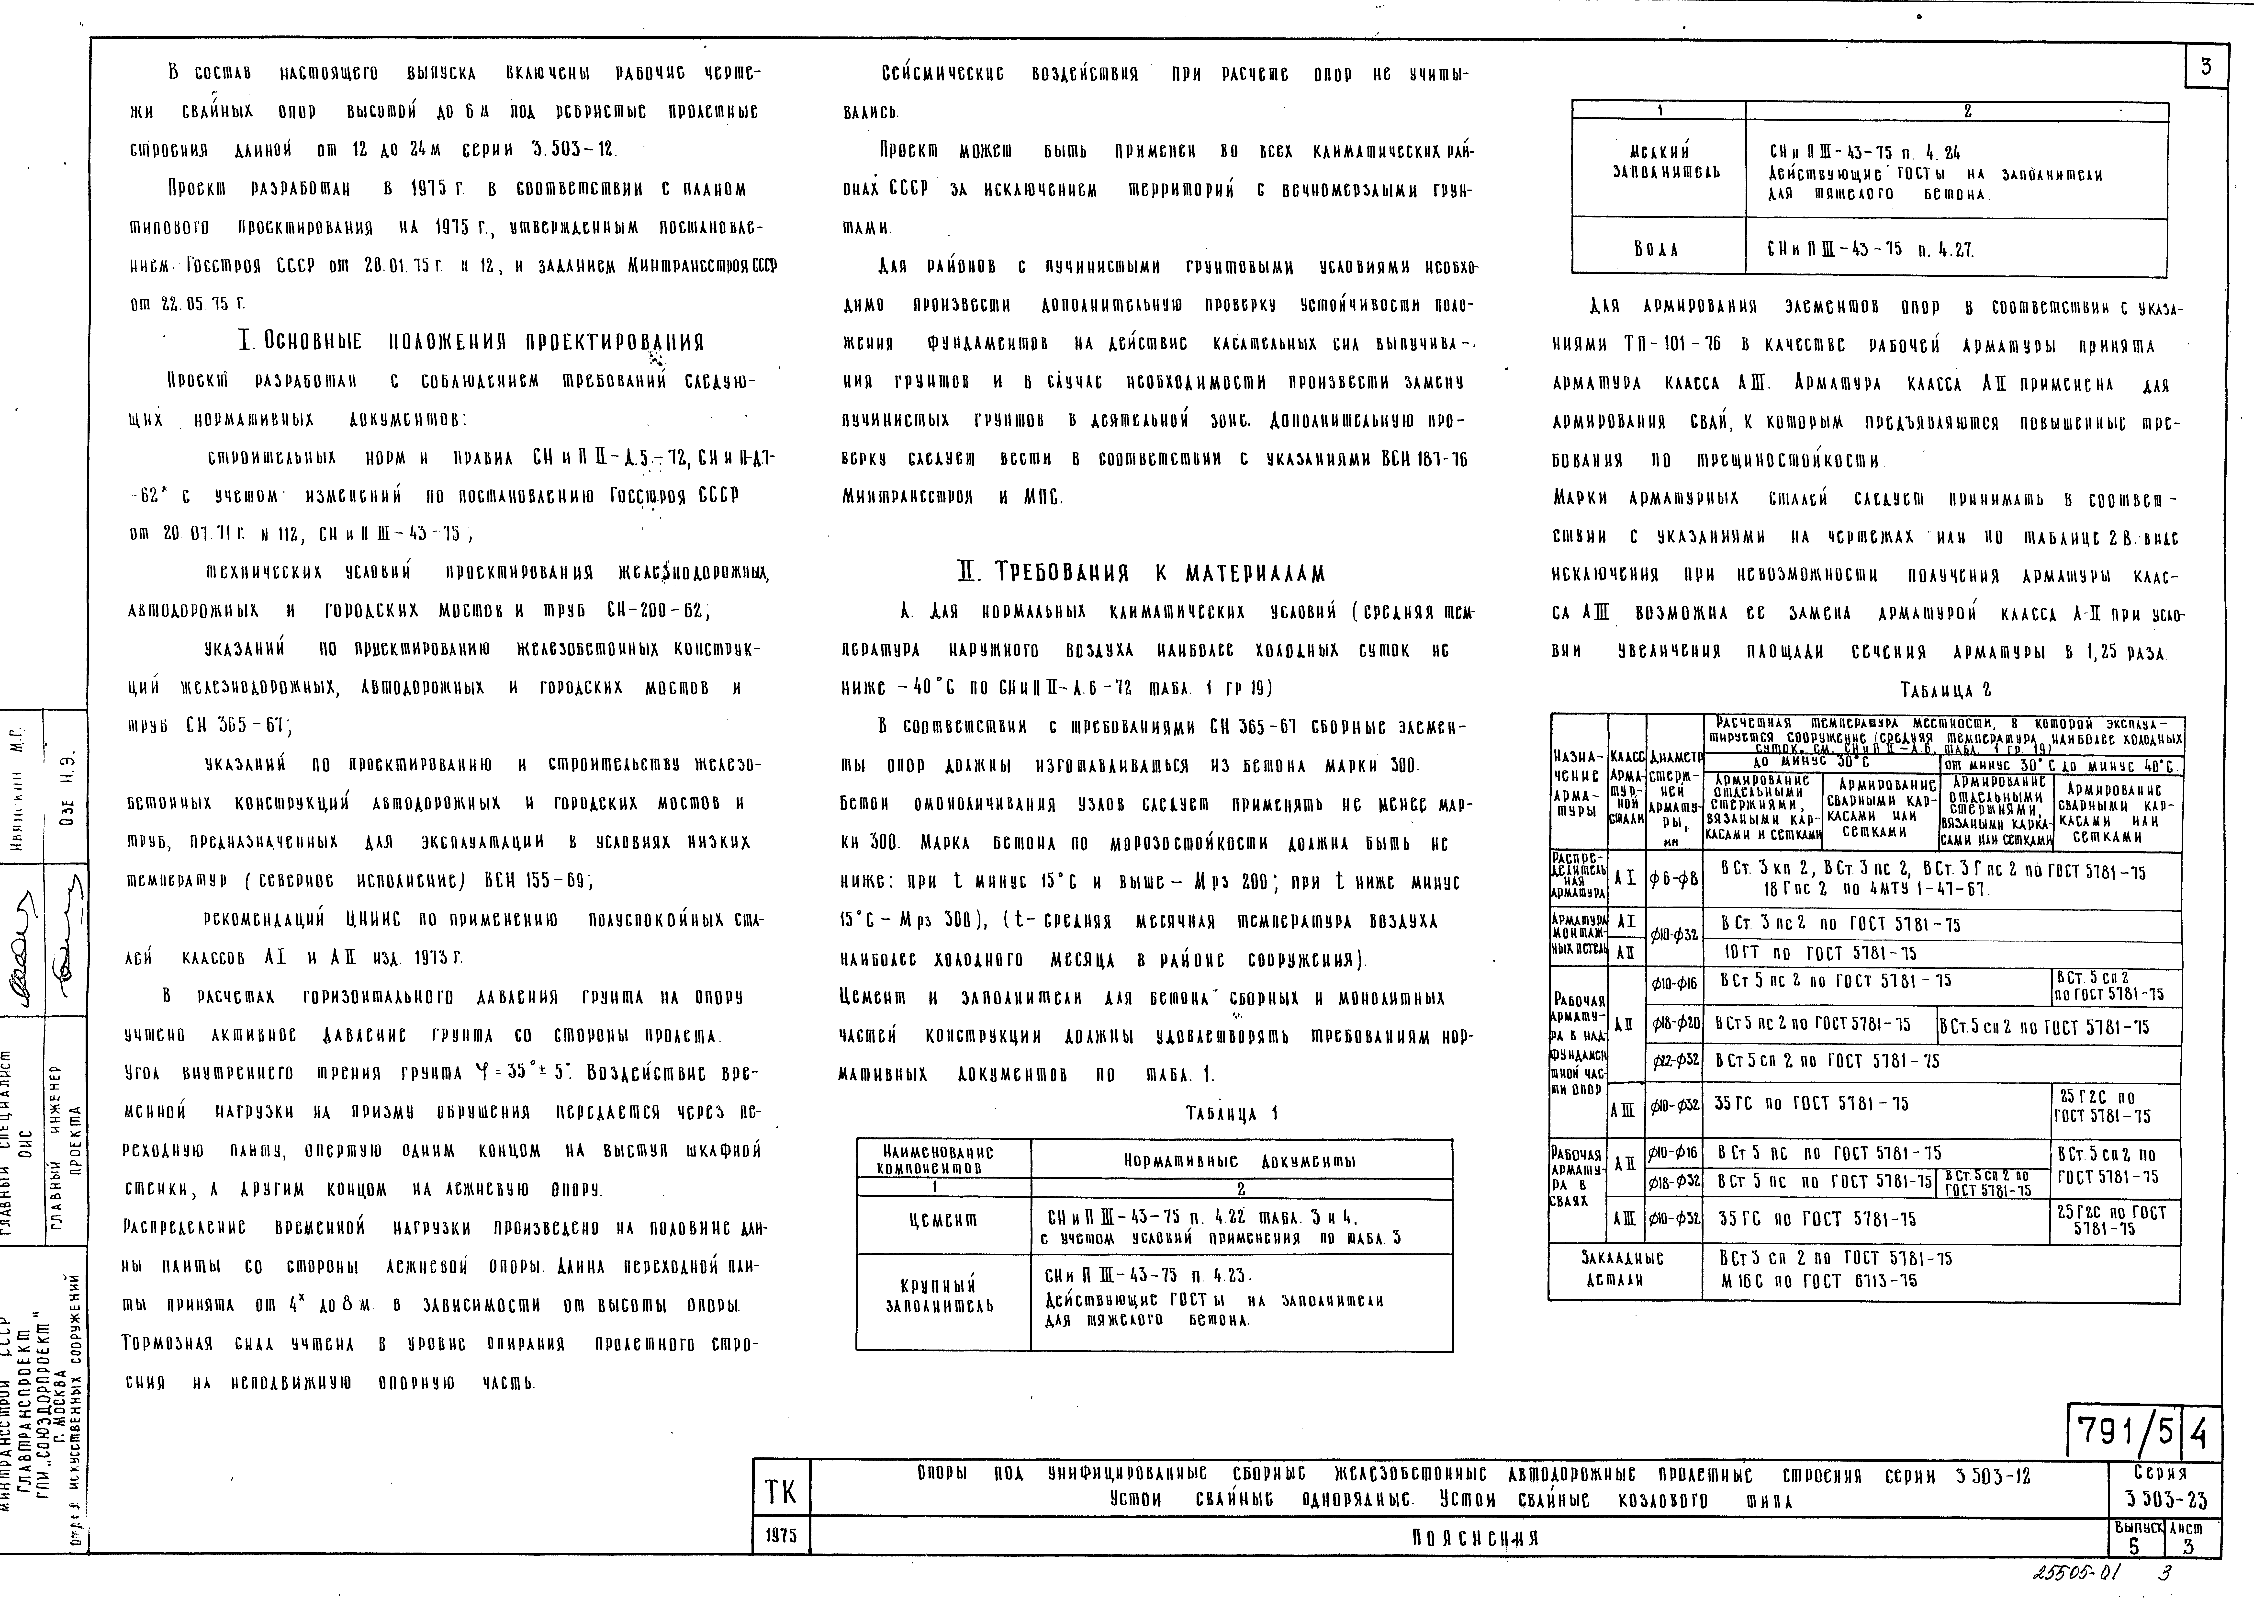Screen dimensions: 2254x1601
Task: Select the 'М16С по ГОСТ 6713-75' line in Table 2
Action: point(1822,1281)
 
